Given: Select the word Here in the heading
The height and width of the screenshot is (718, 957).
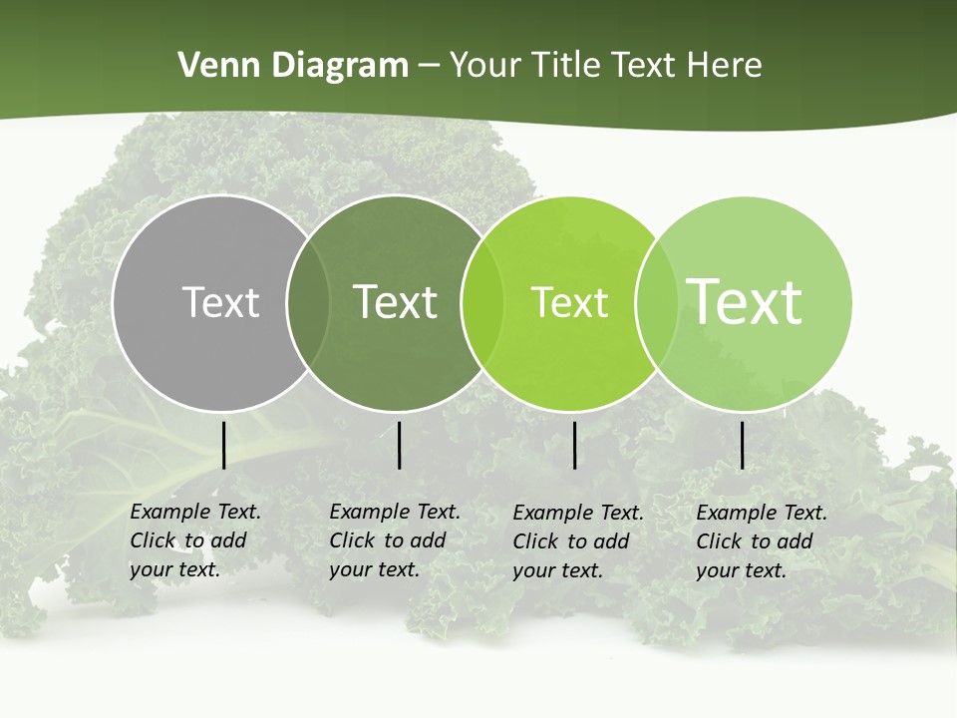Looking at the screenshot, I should point(725,66).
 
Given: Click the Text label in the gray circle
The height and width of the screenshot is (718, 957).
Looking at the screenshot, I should point(220,302).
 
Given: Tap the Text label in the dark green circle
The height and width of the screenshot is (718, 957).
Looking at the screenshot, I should point(395,302).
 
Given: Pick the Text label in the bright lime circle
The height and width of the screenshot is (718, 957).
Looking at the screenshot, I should point(569,302).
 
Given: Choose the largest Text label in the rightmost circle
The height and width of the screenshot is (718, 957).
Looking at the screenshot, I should point(745,301).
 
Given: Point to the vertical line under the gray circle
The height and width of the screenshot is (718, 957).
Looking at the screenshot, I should point(223,445).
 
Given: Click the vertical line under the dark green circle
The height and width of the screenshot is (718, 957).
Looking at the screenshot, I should point(399,445).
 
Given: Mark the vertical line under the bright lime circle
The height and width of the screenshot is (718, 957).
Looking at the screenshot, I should point(574,445).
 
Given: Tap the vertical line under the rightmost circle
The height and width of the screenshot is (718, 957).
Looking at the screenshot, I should point(742,445).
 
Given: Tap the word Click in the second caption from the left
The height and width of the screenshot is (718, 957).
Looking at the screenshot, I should point(352,541).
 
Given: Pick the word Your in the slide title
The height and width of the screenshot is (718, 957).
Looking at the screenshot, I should point(487,66).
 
